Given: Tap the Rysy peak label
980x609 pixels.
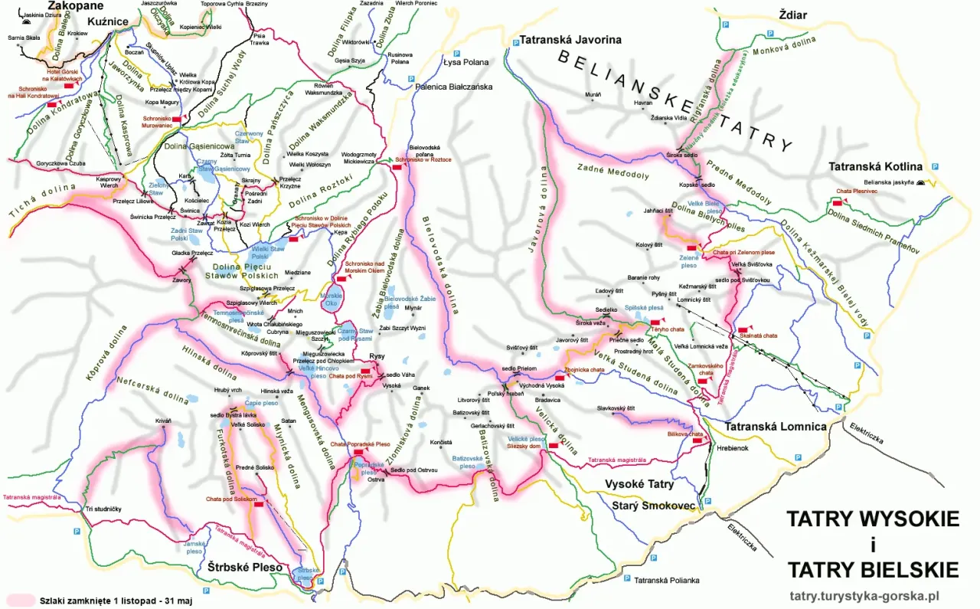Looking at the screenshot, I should point(376,356).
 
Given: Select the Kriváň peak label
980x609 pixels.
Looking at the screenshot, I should point(163,421).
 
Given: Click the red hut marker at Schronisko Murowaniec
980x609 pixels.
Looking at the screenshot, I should point(176,120).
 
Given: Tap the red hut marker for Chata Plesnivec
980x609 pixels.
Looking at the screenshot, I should point(838,201).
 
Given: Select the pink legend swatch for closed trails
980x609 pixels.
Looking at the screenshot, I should point(21,600).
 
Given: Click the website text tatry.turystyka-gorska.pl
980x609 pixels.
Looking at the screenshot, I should point(864,595).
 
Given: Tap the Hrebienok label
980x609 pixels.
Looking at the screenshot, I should point(733,449).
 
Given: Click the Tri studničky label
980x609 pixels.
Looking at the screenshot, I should point(103,509).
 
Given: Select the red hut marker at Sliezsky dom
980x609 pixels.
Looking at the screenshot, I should point(553,445).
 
